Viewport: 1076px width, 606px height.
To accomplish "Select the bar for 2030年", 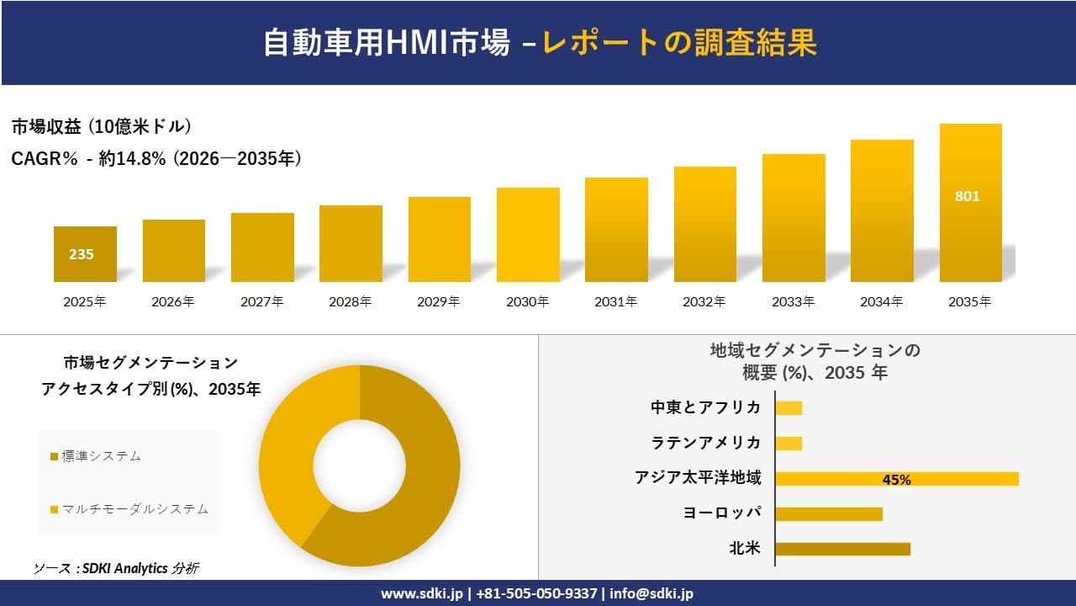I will (x=528, y=235).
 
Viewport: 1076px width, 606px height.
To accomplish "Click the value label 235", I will (x=82, y=254).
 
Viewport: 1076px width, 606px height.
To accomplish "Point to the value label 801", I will (x=968, y=197).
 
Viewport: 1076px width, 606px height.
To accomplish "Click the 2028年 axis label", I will (x=351, y=301).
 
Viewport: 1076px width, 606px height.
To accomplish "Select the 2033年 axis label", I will (x=794, y=301).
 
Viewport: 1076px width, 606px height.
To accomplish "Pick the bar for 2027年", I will (x=262, y=247).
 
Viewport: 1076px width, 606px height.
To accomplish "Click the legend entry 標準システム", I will (x=101, y=456).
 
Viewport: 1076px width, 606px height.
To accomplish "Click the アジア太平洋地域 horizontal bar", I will (x=896, y=479).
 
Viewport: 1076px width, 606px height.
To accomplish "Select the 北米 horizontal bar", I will (x=842, y=549).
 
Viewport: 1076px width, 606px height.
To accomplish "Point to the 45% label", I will (x=896, y=480).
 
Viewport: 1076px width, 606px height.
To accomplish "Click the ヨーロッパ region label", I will (x=723, y=513).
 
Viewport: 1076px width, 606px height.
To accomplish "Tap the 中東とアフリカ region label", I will (x=705, y=407).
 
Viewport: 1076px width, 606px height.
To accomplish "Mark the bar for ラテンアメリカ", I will (x=789, y=444).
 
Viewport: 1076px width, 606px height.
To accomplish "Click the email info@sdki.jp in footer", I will (x=652, y=593).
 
